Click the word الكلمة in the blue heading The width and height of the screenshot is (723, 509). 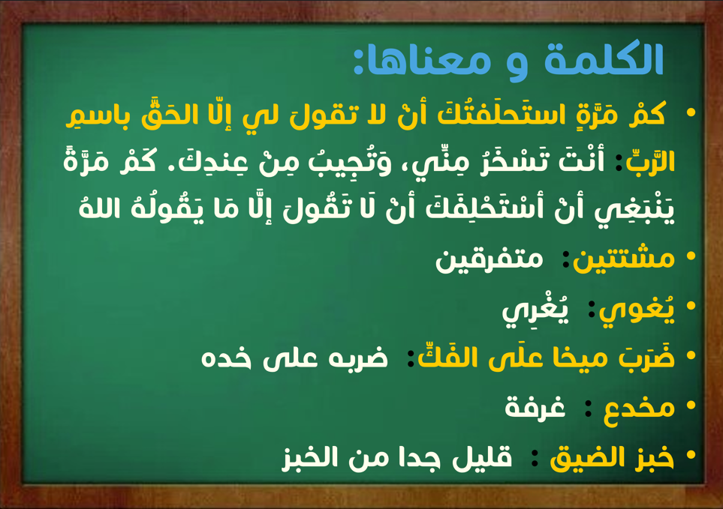tap(604, 59)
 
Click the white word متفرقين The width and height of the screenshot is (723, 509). tap(490, 259)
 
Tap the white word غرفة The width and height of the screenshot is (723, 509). tap(535, 406)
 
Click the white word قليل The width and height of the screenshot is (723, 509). tap(482, 458)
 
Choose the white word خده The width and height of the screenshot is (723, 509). tap(227, 358)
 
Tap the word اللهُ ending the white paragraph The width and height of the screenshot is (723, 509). tap(101, 208)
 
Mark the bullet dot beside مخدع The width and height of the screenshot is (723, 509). tap(690, 406)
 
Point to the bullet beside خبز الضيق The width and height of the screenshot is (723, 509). tap(690, 455)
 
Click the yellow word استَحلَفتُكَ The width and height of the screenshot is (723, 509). tap(502, 113)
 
